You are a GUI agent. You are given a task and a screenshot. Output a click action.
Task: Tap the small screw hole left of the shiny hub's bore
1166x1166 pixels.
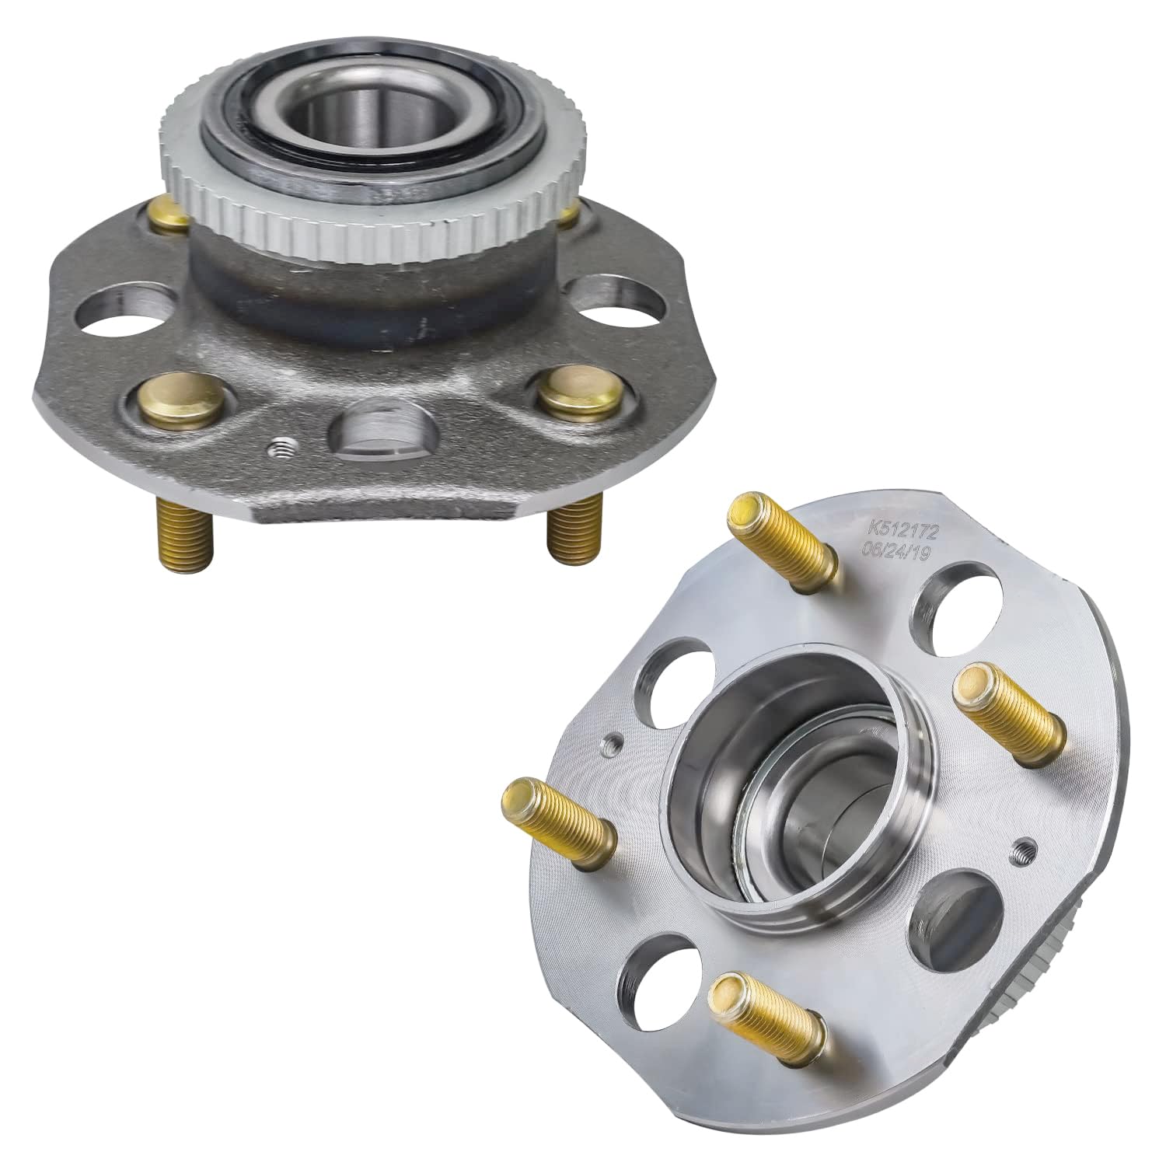(611, 745)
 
